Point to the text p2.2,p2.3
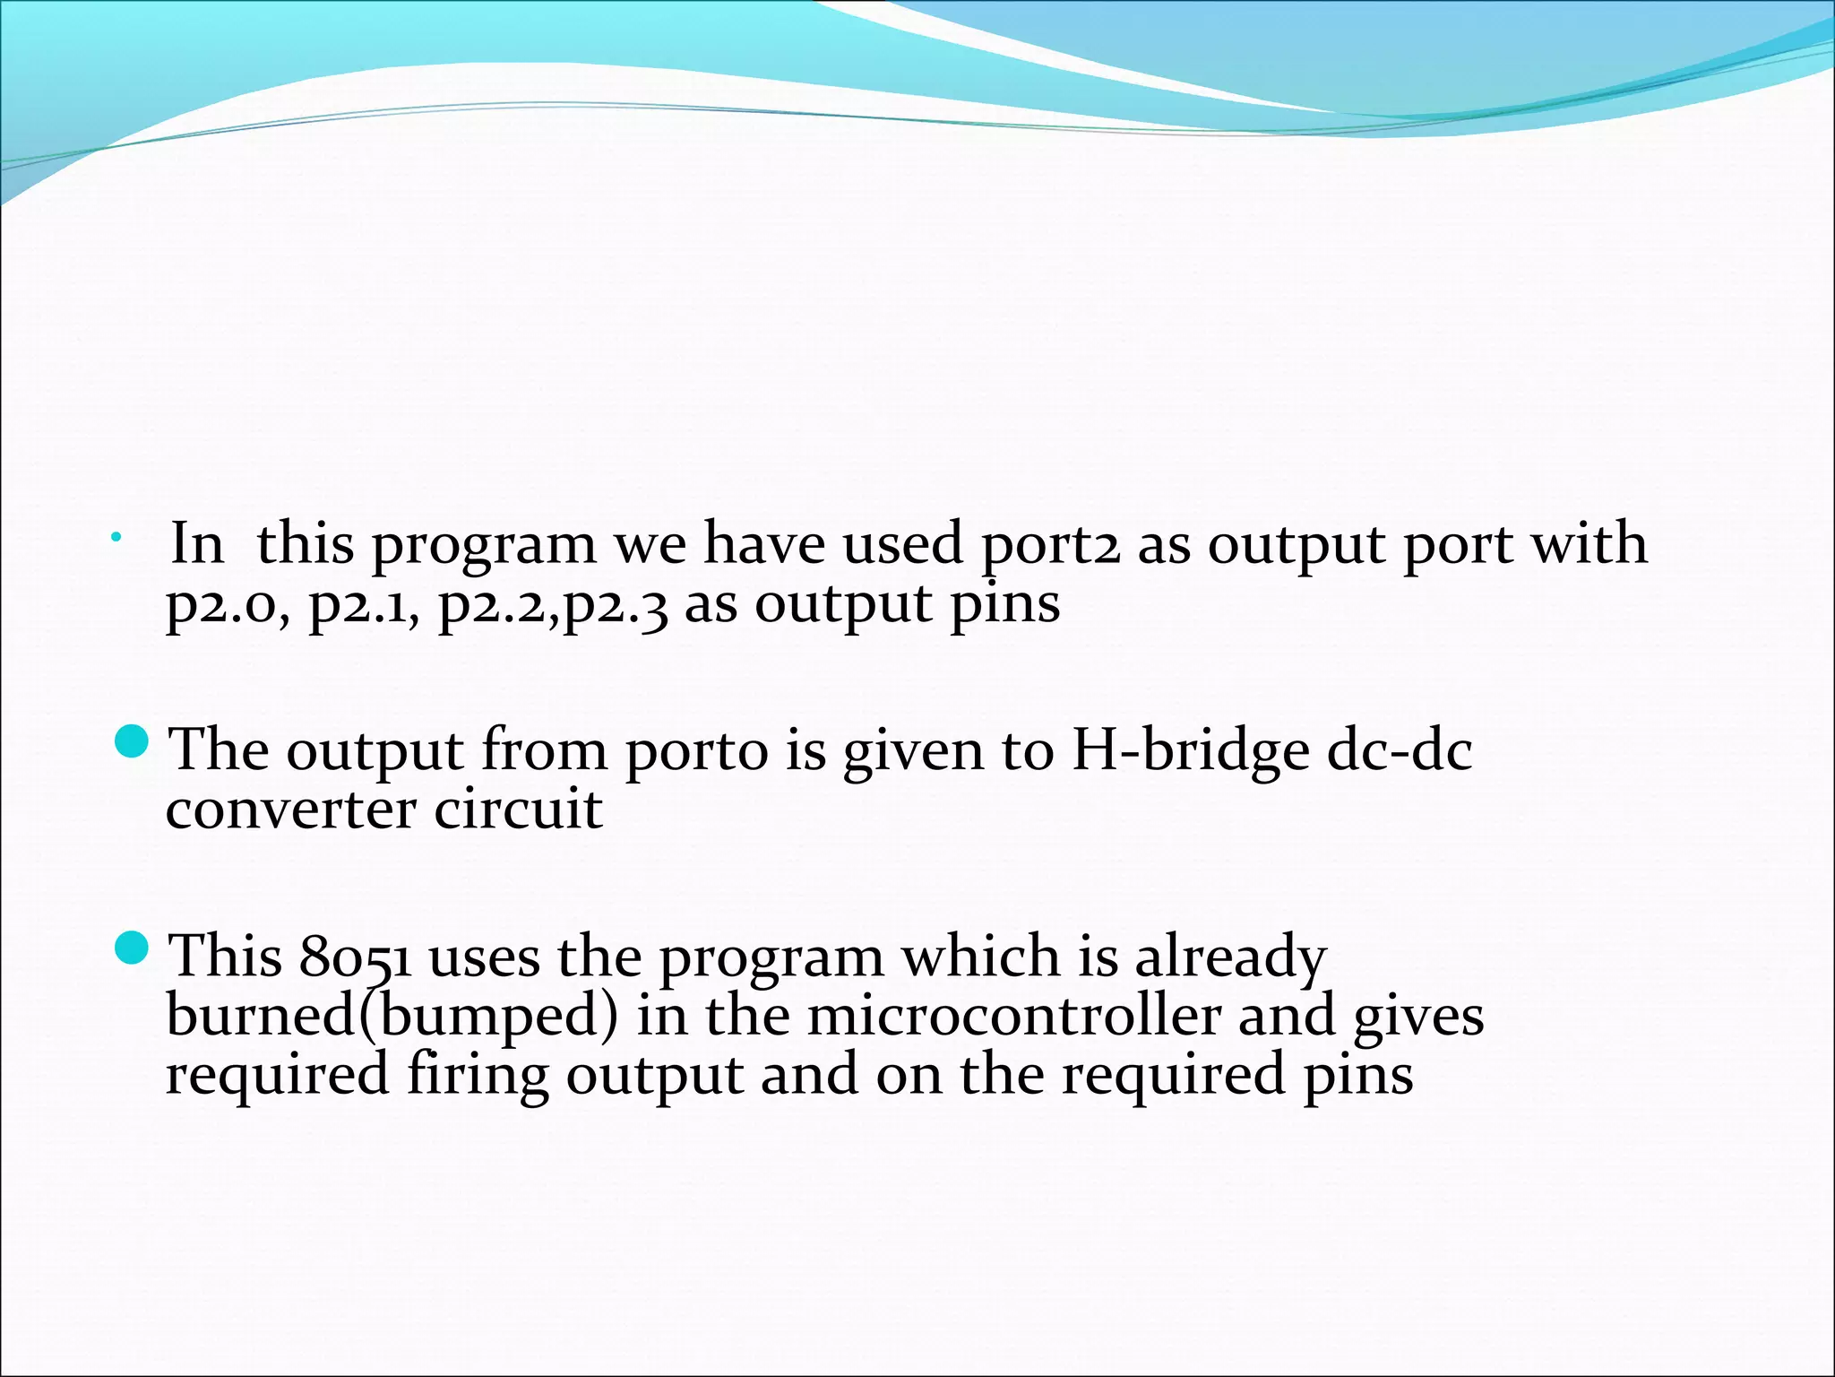(x=553, y=605)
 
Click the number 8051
(x=355, y=957)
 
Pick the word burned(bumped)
(x=392, y=1018)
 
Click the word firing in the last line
(x=477, y=1076)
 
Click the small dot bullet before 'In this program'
(x=116, y=538)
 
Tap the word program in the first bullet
(x=483, y=547)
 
